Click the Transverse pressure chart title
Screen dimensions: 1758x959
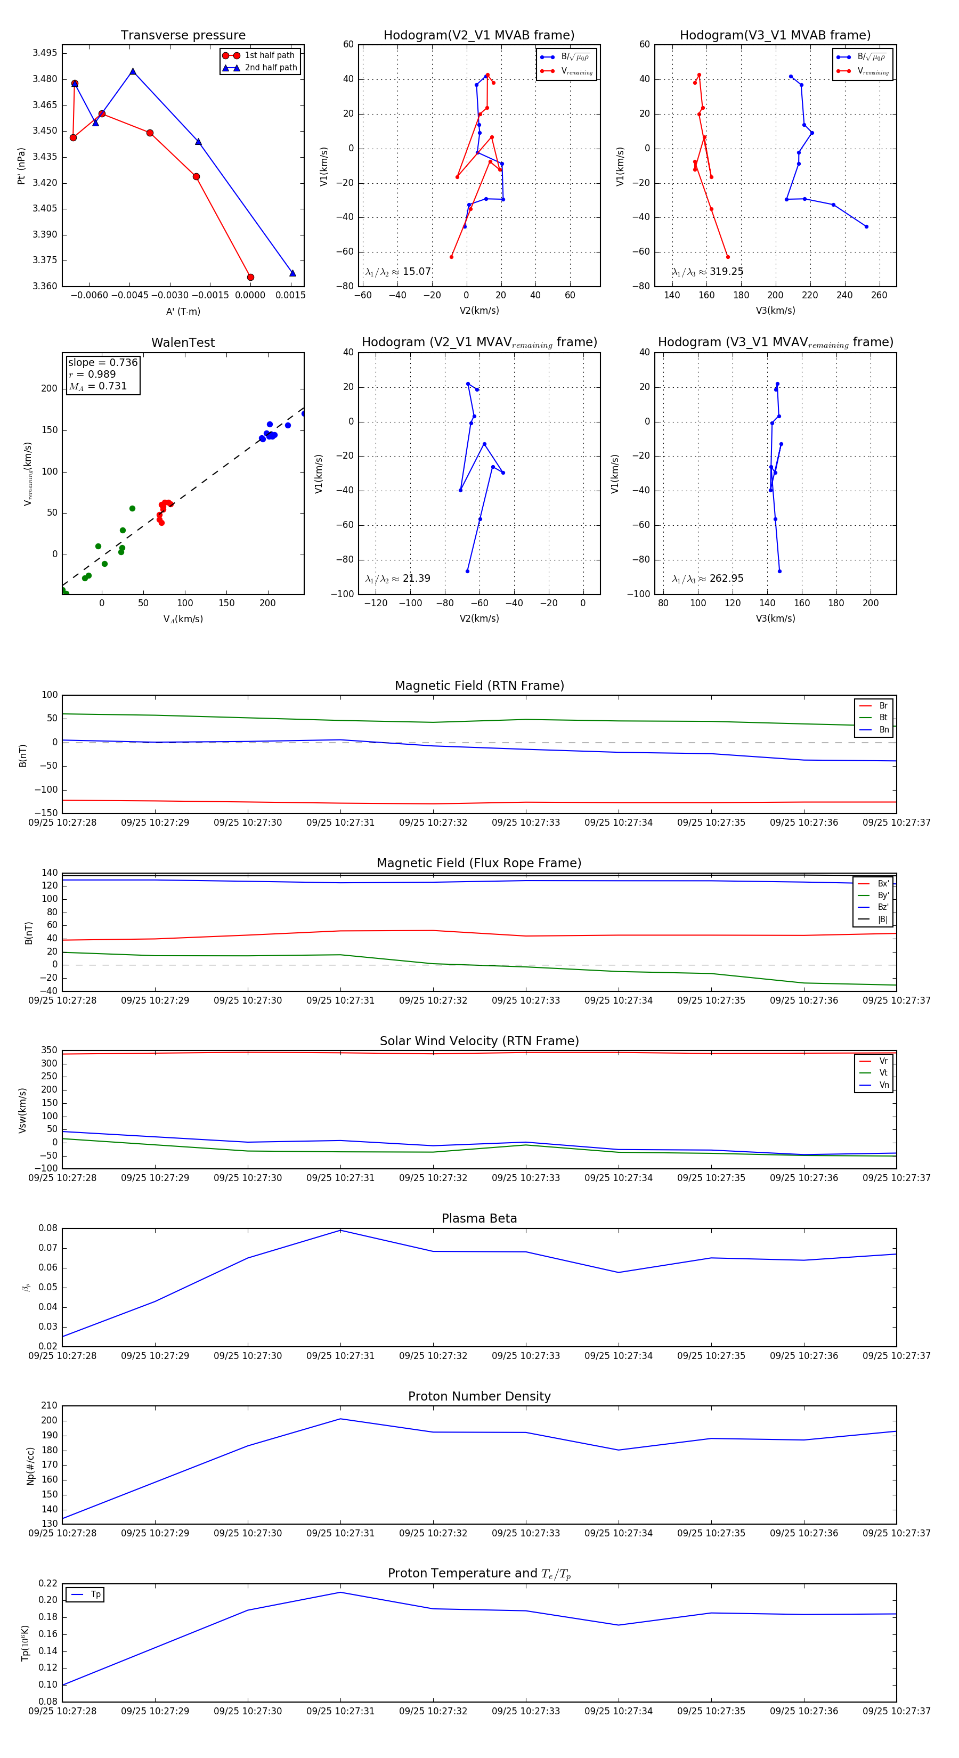coord(183,36)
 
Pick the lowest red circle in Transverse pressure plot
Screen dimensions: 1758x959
coord(250,277)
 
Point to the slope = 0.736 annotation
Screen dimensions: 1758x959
coord(102,362)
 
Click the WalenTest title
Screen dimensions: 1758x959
coord(183,343)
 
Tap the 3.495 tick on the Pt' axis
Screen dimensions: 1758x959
coord(45,53)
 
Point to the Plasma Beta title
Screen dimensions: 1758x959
coord(479,1219)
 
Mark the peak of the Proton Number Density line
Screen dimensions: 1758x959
coord(340,1419)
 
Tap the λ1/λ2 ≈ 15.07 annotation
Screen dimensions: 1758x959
coord(398,272)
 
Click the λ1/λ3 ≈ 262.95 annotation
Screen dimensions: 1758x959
coord(708,579)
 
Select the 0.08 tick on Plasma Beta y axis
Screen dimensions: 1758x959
coord(48,1228)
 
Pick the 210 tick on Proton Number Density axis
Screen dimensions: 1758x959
coord(49,1406)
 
